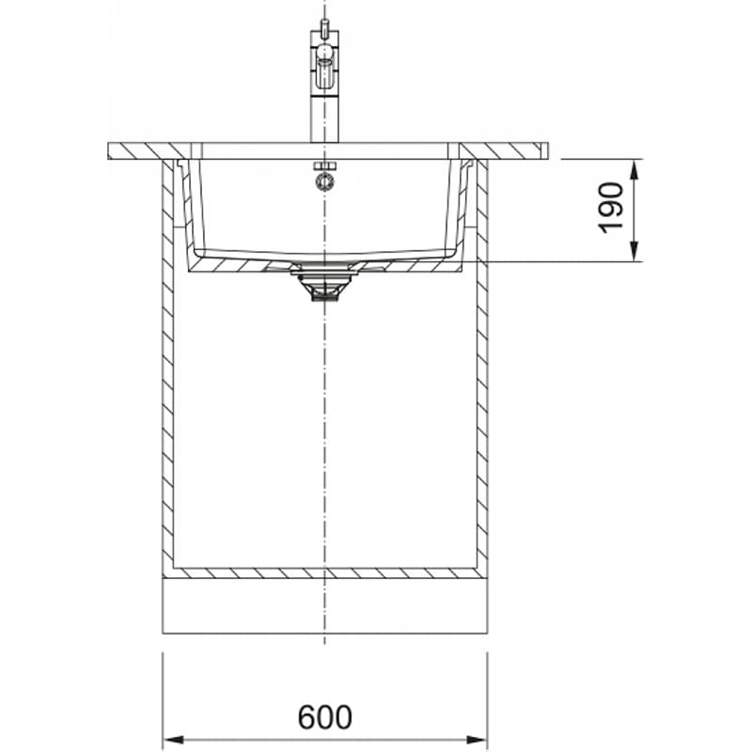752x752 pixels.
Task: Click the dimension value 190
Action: click(x=611, y=208)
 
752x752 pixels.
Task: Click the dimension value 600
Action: click(x=324, y=717)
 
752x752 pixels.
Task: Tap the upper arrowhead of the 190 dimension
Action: click(x=634, y=170)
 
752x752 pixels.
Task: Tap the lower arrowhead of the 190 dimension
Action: click(x=634, y=251)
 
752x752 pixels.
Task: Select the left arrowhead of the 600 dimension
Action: click(x=174, y=739)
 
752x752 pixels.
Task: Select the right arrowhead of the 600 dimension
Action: click(x=476, y=739)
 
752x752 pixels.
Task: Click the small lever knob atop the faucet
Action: click(x=324, y=26)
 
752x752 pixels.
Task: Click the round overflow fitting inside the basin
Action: click(x=324, y=182)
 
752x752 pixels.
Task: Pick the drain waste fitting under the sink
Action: click(x=324, y=286)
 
